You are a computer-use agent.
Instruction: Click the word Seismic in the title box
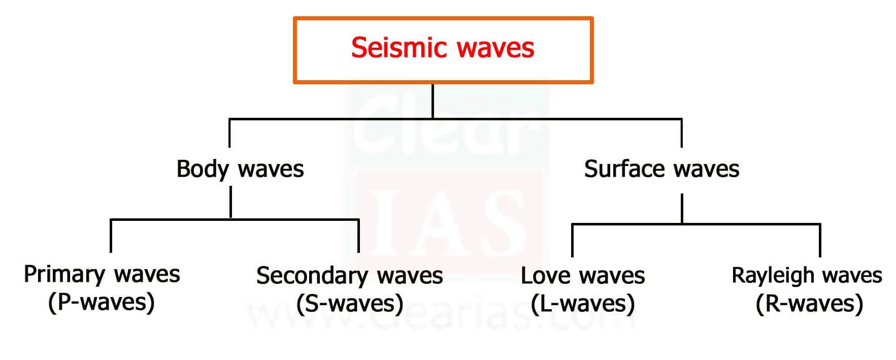click(398, 48)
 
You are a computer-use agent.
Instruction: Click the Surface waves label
click(661, 169)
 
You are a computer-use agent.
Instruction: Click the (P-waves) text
click(102, 302)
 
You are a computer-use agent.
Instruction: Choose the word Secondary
click(312, 276)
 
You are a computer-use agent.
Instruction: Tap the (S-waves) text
click(350, 304)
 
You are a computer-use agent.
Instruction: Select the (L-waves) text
click(583, 304)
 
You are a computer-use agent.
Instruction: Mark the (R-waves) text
click(809, 304)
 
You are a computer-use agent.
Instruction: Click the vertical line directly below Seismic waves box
click(433, 101)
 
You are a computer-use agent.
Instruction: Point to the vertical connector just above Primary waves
click(111, 236)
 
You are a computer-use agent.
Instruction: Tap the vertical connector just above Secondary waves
click(358, 236)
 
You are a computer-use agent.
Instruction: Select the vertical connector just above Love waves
click(572, 240)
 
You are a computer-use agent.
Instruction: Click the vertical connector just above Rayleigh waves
click(820, 240)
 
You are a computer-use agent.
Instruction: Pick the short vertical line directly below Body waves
click(230, 202)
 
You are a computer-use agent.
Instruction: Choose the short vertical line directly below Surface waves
click(682, 208)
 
